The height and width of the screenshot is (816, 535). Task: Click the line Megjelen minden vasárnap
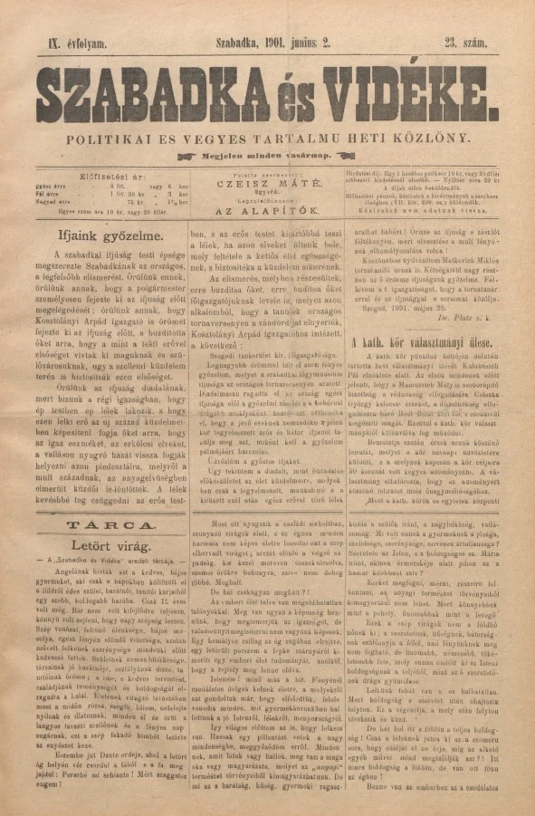tap(268, 154)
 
